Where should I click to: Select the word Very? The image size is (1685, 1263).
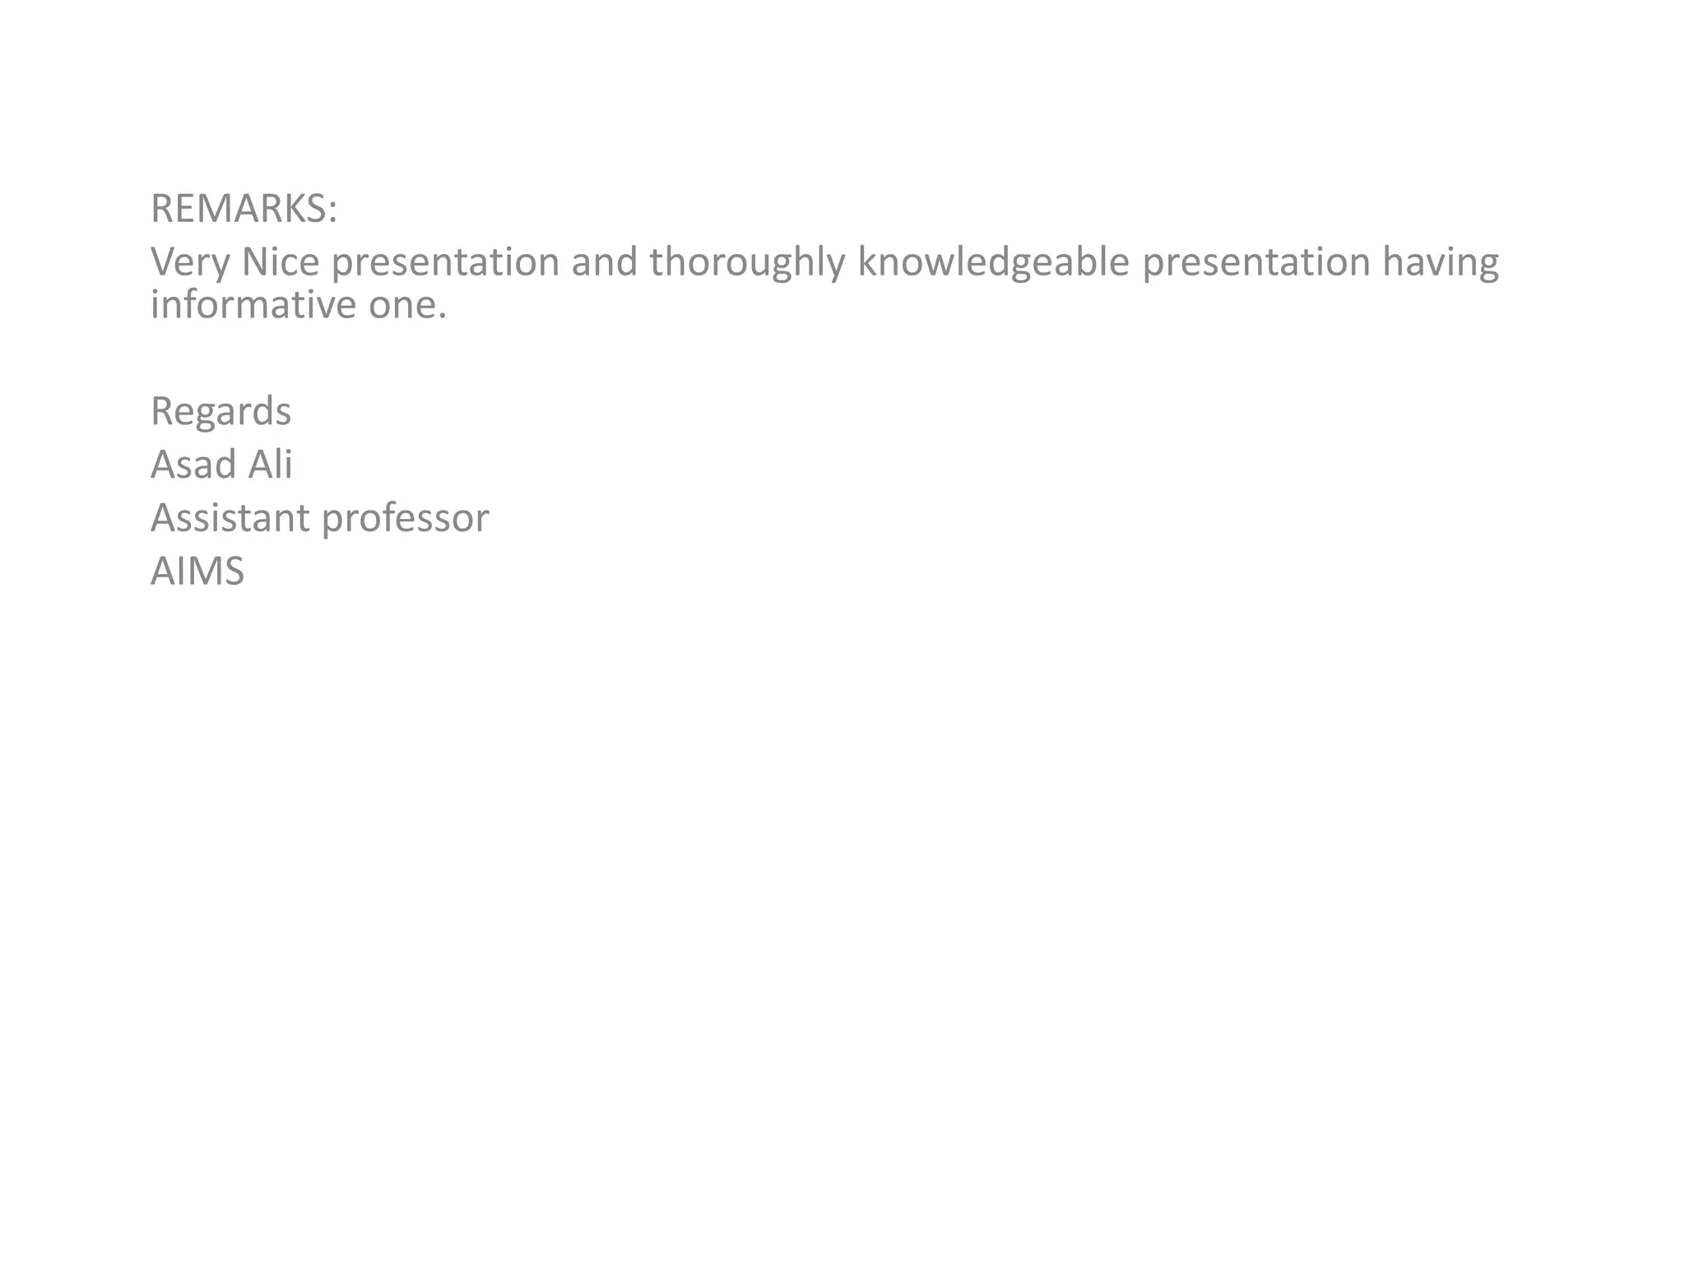click(x=190, y=263)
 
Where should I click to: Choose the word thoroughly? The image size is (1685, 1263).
click(x=747, y=263)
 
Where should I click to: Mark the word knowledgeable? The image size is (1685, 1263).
click(x=993, y=263)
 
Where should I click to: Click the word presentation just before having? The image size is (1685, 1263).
click(x=1256, y=263)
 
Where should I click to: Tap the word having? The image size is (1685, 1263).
click(x=1440, y=263)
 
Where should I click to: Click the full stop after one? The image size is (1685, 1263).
click(x=443, y=317)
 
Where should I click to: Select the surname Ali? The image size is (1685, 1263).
click(x=270, y=465)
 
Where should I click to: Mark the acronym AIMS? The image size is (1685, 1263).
click(x=197, y=571)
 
